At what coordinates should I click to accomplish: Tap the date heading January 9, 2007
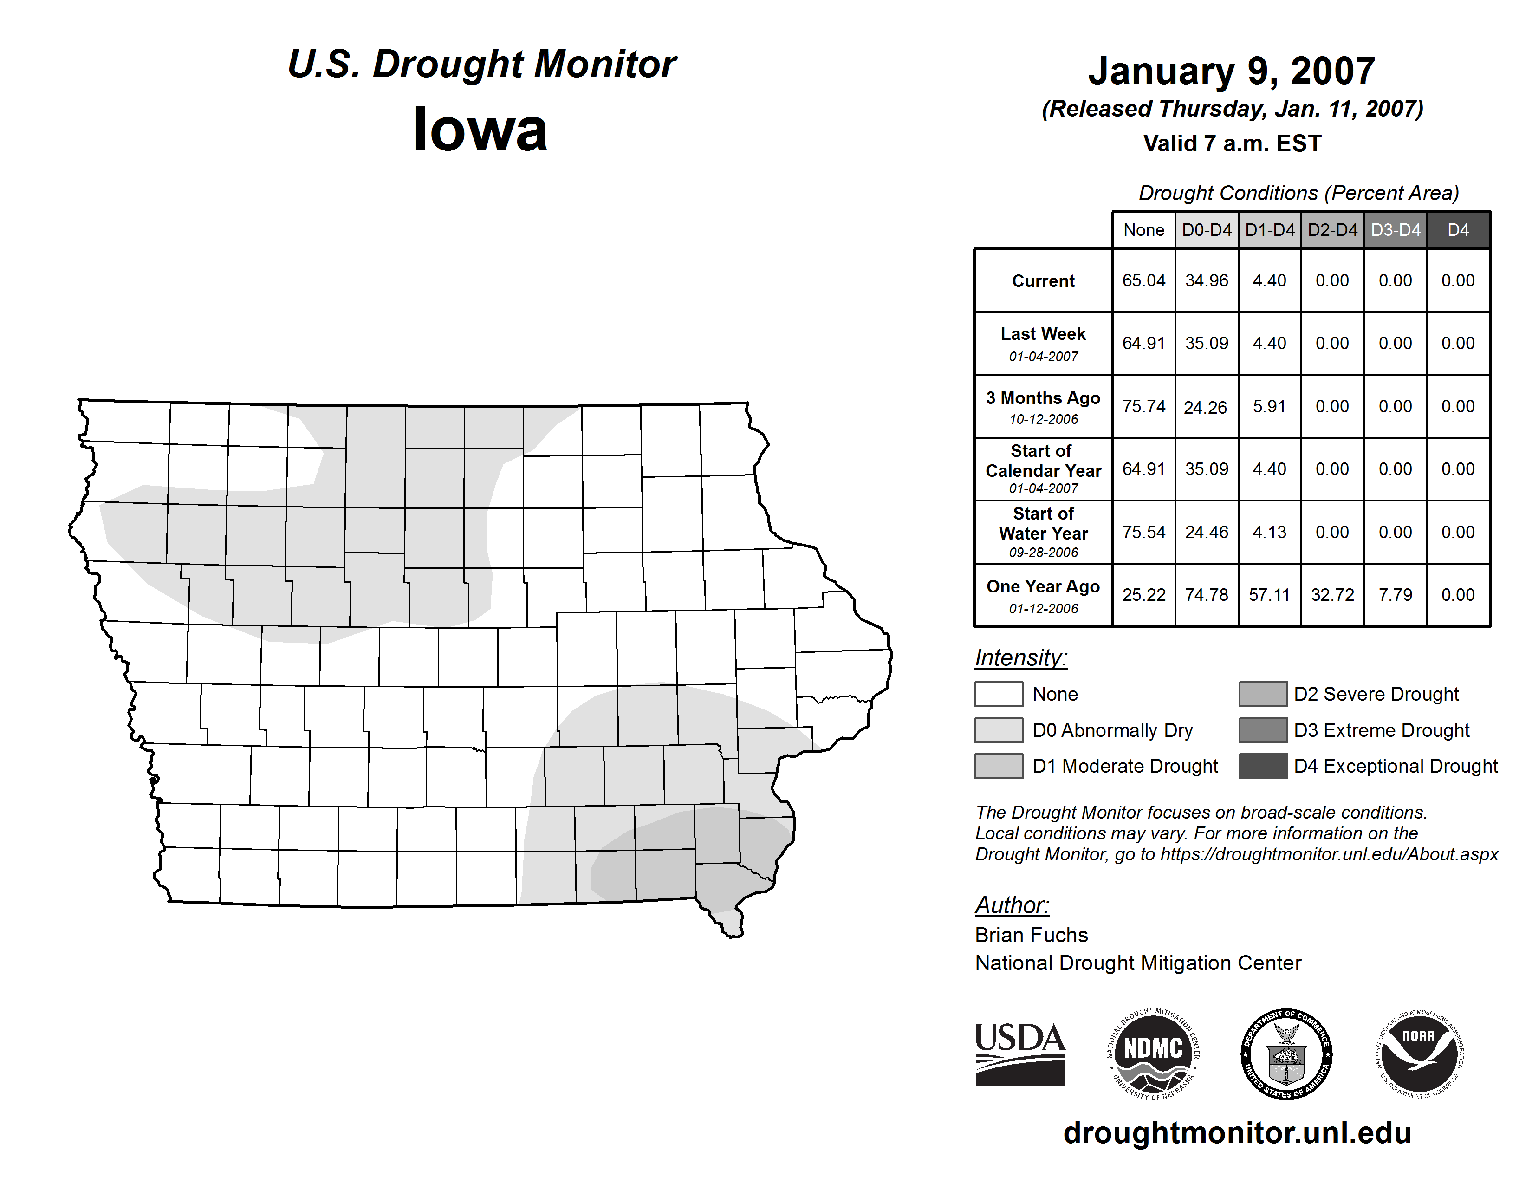[x=1231, y=72]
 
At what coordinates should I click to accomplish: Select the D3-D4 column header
[x=1395, y=230]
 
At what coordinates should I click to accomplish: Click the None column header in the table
[x=1143, y=230]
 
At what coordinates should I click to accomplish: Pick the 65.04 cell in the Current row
[x=1143, y=280]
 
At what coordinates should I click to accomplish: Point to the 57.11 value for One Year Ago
[x=1269, y=595]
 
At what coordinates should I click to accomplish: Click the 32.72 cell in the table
[x=1332, y=595]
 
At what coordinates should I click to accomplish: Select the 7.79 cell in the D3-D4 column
[x=1395, y=595]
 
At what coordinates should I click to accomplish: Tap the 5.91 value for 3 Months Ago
[x=1269, y=406]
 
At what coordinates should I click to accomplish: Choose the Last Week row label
[x=1043, y=343]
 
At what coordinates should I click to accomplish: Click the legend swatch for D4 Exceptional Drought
[x=1263, y=766]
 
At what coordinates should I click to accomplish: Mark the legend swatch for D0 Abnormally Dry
[x=998, y=730]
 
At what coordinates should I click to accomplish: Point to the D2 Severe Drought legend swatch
[x=1263, y=694]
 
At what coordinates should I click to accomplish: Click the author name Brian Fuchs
[x=1031, y=935]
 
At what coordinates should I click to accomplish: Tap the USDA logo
[x=1020, y=1054]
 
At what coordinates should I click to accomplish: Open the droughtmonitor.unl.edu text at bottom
[x=1237, y=1133]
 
